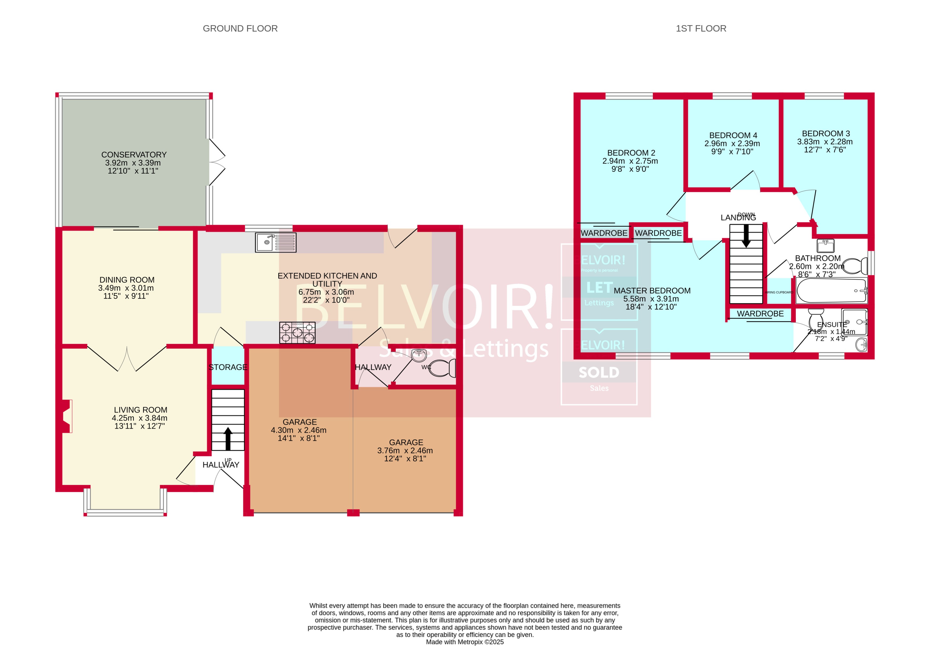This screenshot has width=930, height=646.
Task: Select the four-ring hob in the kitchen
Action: pos(297,332)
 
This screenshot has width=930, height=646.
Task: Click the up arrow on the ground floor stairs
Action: pos(228,438)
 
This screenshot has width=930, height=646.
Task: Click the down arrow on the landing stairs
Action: pos(746,236)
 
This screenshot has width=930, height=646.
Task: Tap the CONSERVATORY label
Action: pos(134,155)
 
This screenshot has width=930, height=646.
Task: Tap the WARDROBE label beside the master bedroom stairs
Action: pos(760,314)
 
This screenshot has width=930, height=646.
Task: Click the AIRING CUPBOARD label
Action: pos(779,292)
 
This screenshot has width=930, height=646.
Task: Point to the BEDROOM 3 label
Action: pos(826,134)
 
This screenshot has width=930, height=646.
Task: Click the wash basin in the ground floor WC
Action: pos(419,355)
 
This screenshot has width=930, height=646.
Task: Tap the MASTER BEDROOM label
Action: pos(652,291)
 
